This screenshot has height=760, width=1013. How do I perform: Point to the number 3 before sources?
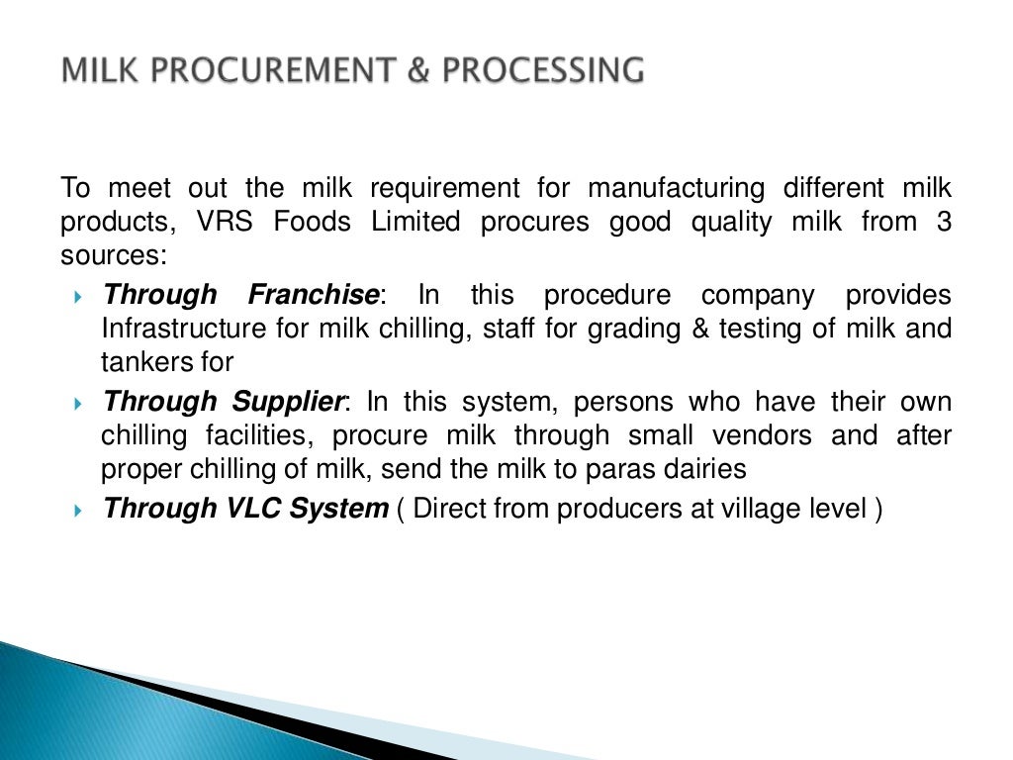944,223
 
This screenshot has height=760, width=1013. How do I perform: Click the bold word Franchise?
314,295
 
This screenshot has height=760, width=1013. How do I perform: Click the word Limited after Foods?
415,223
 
